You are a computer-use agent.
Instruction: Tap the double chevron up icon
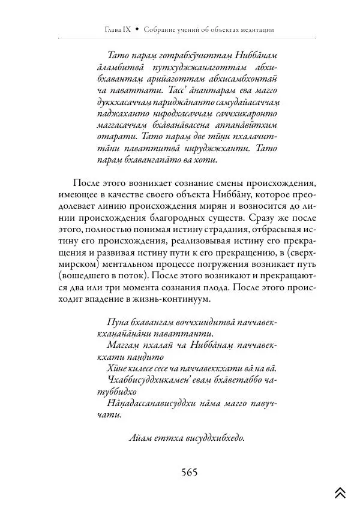340,493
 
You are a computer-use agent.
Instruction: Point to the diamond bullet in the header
136,29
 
